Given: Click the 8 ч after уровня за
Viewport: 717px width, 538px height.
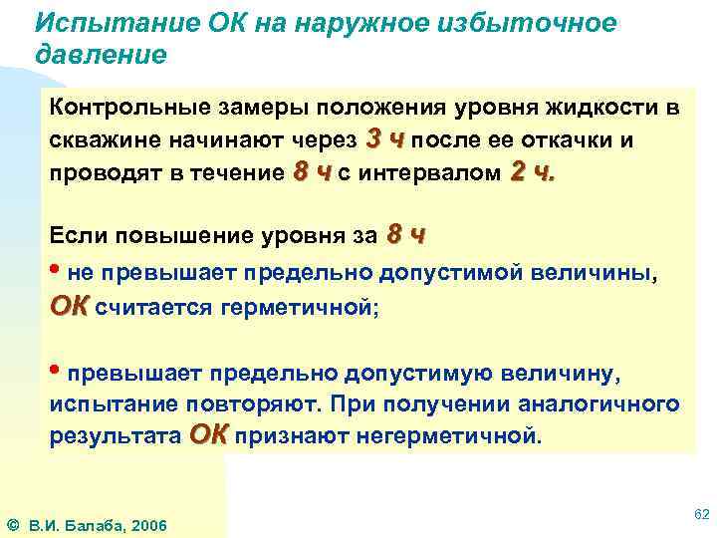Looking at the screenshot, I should [x=405, y=237].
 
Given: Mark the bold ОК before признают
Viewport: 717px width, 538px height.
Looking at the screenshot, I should [x=208, y=435].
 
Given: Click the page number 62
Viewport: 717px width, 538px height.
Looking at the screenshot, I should [x=699, y=514].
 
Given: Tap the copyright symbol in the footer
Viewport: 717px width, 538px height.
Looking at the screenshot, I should [x=12, y=525].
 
